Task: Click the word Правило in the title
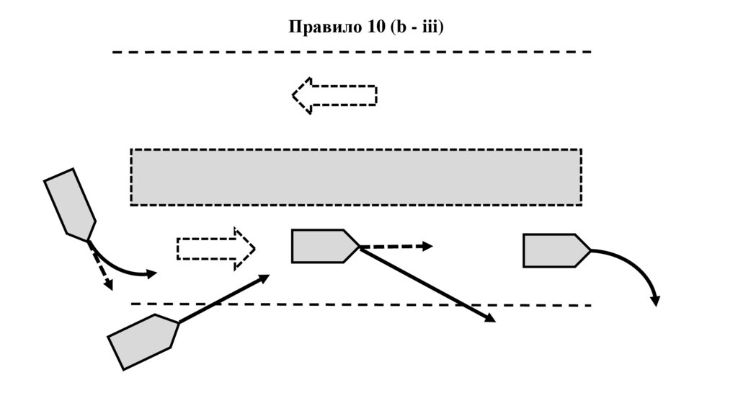click(322, 27)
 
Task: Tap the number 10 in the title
click(375, 27)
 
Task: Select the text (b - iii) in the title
click(416, 27)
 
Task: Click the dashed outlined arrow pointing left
click(334, 95)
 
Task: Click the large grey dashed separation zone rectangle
click(355, 177)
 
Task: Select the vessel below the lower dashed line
click(143, 341)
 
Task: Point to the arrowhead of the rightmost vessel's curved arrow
click(654, 301)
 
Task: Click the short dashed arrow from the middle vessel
click(396, 247)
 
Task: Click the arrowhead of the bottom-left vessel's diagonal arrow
click(264, 278)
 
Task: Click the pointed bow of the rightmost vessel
click(590, 250)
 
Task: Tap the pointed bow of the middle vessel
click(358, 246)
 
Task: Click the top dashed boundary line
click(352, 52)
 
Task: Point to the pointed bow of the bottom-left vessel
click(177, 323)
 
